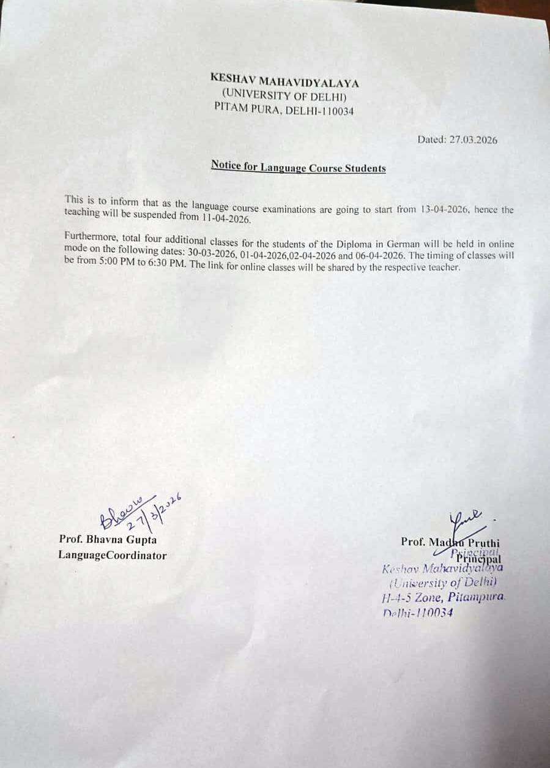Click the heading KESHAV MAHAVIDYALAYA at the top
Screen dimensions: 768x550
coord(284,81)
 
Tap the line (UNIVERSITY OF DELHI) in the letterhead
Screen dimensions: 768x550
coord(284,95)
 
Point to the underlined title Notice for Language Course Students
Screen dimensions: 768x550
coord(298,166)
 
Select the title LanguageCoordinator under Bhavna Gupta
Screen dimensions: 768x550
coord(112,555)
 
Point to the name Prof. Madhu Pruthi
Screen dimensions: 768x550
coord(450,542)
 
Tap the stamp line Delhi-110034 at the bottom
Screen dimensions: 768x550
coord(417,613)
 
